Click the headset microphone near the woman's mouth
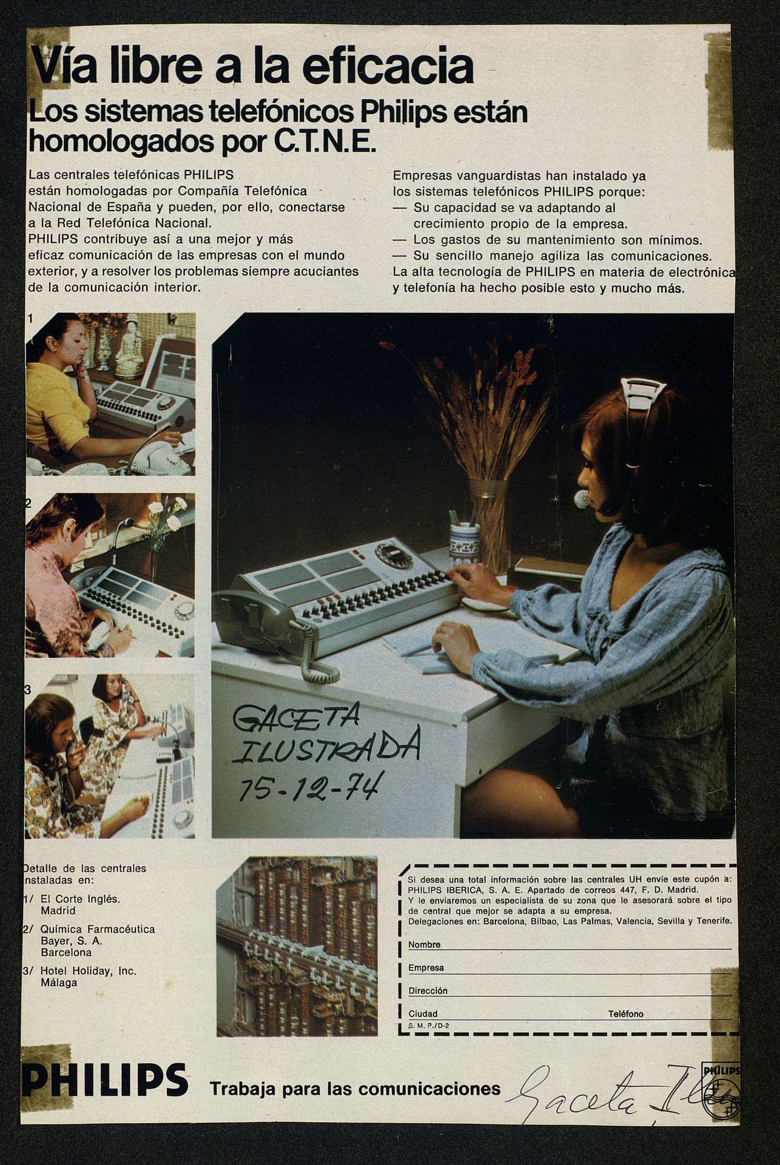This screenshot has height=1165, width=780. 582,499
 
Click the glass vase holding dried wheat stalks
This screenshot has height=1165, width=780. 489,525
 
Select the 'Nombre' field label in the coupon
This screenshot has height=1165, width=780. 424,945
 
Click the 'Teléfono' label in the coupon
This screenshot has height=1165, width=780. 626,1014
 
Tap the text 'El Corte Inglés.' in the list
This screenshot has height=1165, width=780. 80,899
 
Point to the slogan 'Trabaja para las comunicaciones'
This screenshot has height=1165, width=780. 355,1089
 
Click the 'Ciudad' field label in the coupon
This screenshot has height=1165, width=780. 423,1014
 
